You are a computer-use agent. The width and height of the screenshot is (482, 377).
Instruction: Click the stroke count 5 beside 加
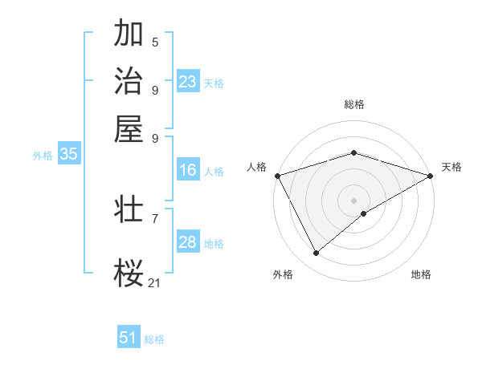coord(155,42)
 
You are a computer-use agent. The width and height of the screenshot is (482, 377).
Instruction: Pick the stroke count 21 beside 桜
coord(155,282)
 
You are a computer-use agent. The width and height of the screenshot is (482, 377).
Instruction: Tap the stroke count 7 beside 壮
coord(155,218)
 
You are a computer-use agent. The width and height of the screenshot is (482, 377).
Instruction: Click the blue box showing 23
coord(188,82)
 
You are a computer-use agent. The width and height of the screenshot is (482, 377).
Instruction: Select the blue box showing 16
coord(188,170)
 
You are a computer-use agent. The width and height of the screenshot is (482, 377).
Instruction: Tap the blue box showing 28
coord(188,242)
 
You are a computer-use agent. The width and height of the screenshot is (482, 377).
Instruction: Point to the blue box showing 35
coord(68,155)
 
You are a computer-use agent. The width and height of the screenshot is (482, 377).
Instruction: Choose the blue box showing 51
coord(129,338)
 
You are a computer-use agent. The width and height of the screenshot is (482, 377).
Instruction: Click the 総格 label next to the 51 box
coord(154,339)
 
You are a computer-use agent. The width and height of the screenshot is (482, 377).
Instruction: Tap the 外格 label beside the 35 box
coord(42,156)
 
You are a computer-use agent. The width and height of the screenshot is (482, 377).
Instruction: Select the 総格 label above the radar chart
coord(353,104)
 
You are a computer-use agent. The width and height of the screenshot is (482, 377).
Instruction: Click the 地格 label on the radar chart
coord(421,274)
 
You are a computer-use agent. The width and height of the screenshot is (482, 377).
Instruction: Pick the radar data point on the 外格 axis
coord(316,253)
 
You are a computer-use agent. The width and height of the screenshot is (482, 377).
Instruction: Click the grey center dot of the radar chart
coord(353,200)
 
